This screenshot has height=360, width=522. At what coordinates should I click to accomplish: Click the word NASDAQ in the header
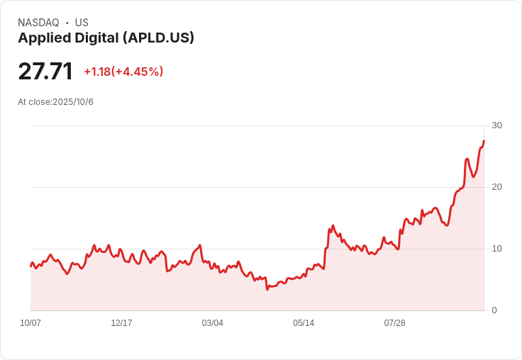pos(38,23)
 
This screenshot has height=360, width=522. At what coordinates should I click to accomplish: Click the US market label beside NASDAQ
pos(82,23)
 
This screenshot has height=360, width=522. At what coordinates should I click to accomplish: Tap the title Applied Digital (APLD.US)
pos(106,38)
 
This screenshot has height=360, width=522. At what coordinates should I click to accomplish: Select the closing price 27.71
pos(45,72)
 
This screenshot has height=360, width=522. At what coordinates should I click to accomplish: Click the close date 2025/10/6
pos(73,102)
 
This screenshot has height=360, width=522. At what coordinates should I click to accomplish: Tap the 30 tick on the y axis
pos(496,125)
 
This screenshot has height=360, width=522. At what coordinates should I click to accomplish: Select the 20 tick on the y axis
pos(496,187)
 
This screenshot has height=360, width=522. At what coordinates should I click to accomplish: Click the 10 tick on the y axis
pos(496,249)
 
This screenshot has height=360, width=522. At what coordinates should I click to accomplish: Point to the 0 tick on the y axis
pos(494,310)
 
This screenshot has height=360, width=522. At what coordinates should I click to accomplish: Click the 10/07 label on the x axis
pos(30,323)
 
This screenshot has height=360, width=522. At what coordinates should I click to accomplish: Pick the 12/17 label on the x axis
pos(121,323)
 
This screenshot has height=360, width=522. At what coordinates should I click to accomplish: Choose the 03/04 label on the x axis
pos(212,323)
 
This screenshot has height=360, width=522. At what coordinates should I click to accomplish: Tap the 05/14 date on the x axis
pos(304,323)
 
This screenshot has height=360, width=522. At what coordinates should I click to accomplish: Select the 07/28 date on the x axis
pos(394,323)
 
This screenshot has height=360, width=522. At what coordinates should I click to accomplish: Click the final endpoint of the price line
pos(484,140)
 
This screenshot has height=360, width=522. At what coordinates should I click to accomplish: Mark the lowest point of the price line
pos(267,289)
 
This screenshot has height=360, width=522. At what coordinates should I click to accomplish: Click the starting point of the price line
pos(30,266)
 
